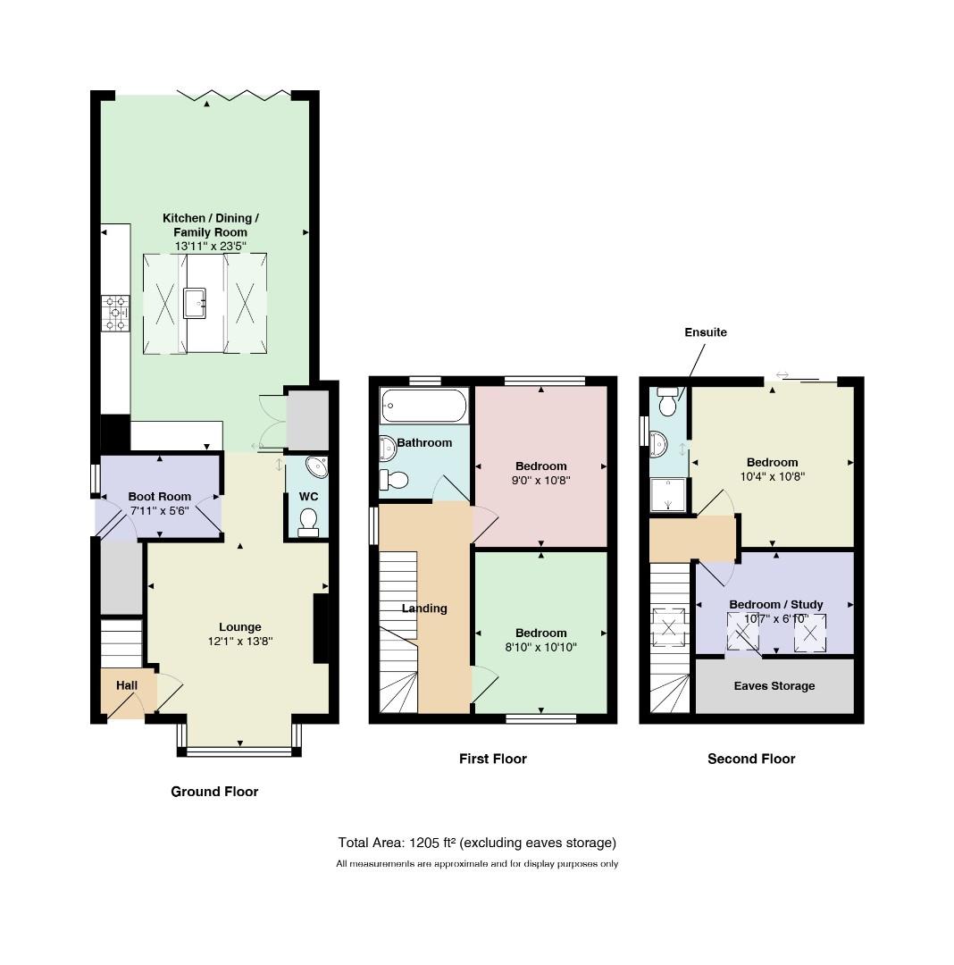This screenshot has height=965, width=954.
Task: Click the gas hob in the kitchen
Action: point(115,314)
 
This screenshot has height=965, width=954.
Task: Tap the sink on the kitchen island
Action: point(195,303)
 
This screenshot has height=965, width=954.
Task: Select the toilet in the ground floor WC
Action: point(307,523)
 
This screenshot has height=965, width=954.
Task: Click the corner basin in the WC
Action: point(318,466)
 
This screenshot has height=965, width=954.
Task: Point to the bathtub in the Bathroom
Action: point(423,406)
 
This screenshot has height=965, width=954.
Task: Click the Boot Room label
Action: point(159,496)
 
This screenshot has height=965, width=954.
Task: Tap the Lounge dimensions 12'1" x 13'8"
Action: point(240,642)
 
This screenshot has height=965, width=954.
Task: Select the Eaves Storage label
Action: point(774,685)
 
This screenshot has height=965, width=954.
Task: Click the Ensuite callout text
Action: point(706,332)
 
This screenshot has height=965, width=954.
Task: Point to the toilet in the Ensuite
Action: point(667,401)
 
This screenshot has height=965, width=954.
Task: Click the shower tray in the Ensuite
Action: point(668,495)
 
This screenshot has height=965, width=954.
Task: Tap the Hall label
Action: point(127,685)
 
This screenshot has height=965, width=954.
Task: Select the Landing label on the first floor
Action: point(424,608)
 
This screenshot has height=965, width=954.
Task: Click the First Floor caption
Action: point(493,759)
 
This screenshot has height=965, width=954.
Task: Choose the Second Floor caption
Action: point(751,759)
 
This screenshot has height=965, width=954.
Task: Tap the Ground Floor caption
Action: point(214,792)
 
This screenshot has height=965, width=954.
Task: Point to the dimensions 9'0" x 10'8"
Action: point(540,481)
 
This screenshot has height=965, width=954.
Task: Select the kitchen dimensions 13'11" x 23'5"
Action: point(210,247)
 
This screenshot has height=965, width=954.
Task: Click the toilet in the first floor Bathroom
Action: point(394,479)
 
